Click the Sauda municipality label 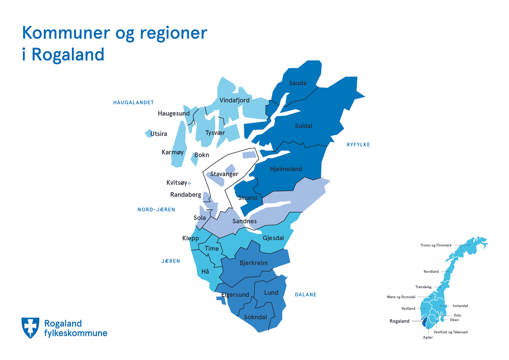tap(297, 83)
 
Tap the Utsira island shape tap(148, 133)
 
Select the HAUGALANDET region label tap(133, 102)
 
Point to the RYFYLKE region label tap(358, 145)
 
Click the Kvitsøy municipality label tap(176, 183)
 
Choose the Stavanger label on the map tap(224, 174)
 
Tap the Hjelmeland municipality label tap(286, 169)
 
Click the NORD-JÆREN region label tap(156, 210)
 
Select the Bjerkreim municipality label tap(254, 263)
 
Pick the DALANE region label tap(305, 295)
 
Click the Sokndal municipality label tap(255, 317)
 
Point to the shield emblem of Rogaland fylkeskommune tap(31, 327)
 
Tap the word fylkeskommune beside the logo tap(76, 333)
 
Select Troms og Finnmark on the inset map tap(436, 245)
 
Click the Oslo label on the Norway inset tap(457, 315)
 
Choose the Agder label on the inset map tap(428, 337)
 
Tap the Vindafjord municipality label tap(235, 101)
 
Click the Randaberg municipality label tap(185, 195)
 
